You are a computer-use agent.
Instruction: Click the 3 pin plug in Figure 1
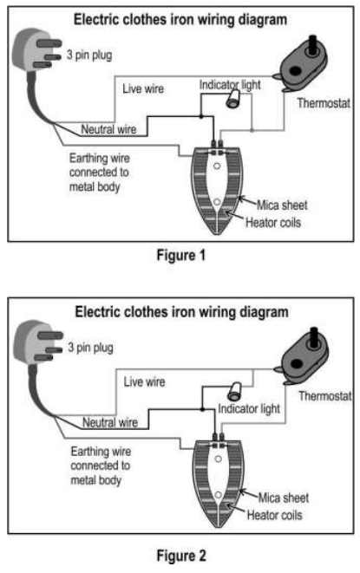coord(35,51)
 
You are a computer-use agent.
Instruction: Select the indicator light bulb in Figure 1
coord(233,99)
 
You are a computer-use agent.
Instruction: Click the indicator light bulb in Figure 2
coord(234,391)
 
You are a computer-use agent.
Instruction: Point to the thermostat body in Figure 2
coord(304,361)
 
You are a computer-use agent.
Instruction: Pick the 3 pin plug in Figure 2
coord(36,343)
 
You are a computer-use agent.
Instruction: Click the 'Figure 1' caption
coord(181,255)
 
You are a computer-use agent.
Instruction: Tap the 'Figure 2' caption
coord(181,556)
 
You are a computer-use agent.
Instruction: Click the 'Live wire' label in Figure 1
coord(143,88)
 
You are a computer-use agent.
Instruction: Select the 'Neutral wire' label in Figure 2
coord(110,422)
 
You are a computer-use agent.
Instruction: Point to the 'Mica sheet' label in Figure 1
coord(282,205)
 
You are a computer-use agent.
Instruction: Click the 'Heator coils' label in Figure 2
coord(274,515)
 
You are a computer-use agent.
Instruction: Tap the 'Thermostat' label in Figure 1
coord(324,103)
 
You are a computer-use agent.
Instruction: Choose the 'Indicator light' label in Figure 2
coord(249,409)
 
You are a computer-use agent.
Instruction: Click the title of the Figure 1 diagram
coord(180,19)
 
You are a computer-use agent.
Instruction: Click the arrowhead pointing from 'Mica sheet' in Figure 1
coord(241,199)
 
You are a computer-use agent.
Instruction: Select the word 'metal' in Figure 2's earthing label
coord(82,480)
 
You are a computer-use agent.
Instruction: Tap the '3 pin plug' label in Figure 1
coord(89,55)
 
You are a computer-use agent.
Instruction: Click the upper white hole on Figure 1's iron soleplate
coord(217,166)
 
